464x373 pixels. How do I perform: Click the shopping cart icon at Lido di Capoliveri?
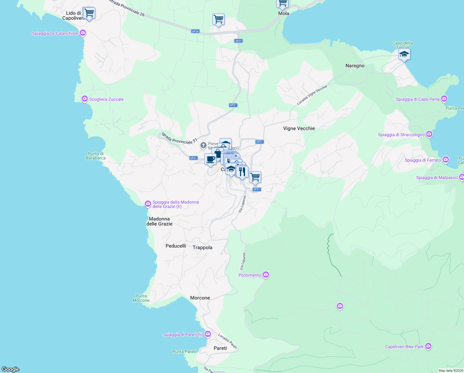pos(89,13)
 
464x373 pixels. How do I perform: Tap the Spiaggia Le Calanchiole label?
pos(55,33)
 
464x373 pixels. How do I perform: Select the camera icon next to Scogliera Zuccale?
pos(85,99)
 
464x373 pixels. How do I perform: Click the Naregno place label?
pos(355,66)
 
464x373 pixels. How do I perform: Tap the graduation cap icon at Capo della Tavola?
pos(404,55)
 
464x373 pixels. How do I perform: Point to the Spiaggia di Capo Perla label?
pos(417,99)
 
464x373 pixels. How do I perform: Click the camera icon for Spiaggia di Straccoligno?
pos(429,134)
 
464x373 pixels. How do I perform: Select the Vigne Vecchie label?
pos(299,128)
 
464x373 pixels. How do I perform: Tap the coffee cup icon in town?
pos(210,159)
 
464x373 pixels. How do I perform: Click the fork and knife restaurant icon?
pos(242,172)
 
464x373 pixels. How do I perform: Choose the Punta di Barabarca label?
pos(96,156)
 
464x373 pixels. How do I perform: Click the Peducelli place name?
pos(176,246)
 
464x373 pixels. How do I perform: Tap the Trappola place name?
pos(202,247)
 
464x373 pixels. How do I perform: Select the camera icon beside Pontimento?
pos(266,275)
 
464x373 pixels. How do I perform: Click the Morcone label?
pos(200,298)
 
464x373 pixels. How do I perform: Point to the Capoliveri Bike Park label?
pos(404,347)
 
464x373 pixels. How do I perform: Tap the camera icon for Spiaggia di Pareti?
pos(208,334)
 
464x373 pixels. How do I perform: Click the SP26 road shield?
pos(195,31)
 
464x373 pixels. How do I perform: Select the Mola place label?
pos(283,13)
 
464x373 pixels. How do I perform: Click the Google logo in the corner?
pos(10,369)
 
